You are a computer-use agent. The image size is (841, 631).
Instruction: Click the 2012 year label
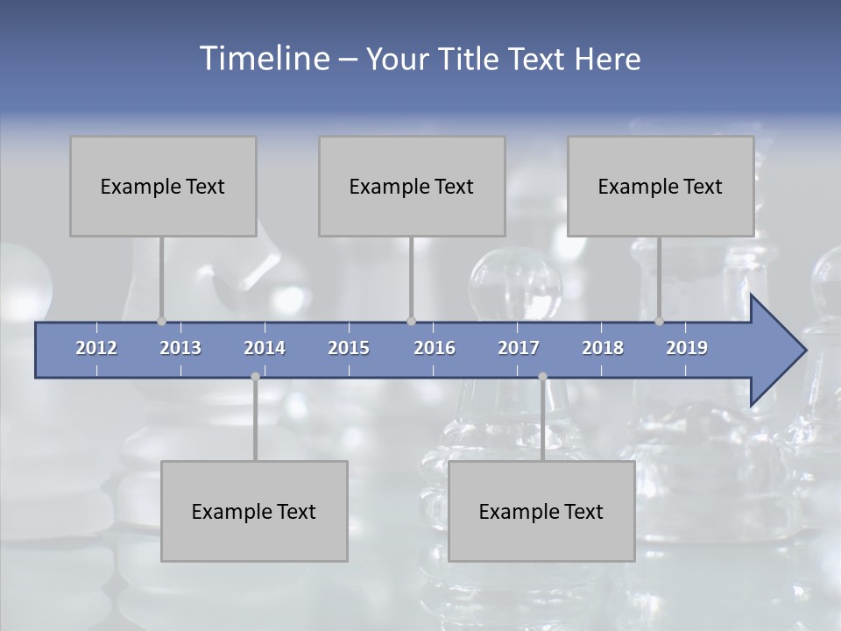96,348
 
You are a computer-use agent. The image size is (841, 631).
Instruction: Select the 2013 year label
180,348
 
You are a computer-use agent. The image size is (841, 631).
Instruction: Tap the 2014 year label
265,348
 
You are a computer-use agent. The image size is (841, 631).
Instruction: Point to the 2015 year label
349,348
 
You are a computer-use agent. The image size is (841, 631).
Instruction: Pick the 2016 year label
435,348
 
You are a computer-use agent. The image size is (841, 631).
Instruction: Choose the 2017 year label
519,348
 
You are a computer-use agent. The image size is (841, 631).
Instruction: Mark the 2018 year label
603,348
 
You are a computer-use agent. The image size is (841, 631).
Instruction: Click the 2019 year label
687,348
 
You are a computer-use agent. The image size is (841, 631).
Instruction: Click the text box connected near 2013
163,186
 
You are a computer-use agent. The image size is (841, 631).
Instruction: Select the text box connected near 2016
412,186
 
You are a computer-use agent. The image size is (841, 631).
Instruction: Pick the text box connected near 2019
661,186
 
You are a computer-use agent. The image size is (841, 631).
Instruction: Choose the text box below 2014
254,511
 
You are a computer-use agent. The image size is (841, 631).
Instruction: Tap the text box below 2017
541,511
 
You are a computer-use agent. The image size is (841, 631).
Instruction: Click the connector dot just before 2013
161,321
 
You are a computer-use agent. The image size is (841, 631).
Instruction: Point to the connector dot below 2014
255,377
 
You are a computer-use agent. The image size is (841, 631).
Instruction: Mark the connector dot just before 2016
411,321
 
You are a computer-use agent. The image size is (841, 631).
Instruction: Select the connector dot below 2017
542,377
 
